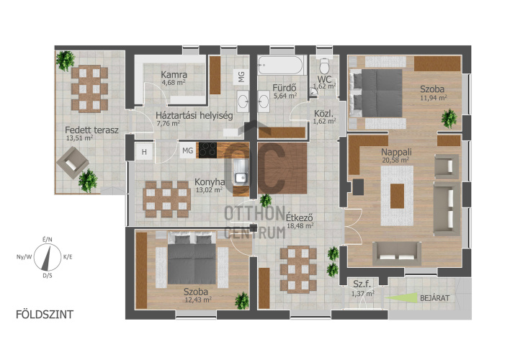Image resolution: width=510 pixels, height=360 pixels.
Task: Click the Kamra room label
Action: (174, 75)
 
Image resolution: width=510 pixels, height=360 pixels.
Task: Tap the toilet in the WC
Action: (324, 66)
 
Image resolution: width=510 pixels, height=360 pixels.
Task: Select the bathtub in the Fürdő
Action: (280, 65)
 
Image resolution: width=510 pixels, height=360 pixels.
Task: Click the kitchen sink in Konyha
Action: (241, 172)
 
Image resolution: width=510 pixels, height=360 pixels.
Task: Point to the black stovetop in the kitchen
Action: (208, 150)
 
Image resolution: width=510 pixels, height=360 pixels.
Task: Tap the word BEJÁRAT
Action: (435, 298)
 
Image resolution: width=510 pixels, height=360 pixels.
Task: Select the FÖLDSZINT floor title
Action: (45, 315)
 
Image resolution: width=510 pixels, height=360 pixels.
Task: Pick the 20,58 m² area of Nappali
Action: (395, 160)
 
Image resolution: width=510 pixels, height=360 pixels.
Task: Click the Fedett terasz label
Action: (91, 130)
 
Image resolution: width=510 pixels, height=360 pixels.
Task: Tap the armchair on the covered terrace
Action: (73, 163)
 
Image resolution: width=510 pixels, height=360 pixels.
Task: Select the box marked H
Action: (144, 151)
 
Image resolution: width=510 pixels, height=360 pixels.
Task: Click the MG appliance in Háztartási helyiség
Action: (241, 77)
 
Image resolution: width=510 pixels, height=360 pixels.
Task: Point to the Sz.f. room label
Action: (362, 284)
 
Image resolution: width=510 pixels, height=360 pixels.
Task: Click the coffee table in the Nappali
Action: (397, 196)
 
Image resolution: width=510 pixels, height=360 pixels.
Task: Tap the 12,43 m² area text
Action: (198, 300)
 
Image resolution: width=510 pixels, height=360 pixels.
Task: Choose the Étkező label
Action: (299, 217)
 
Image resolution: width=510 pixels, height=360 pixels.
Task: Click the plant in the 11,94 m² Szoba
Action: (449, 118)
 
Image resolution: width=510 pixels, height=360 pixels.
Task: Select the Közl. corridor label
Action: (324, 114)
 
